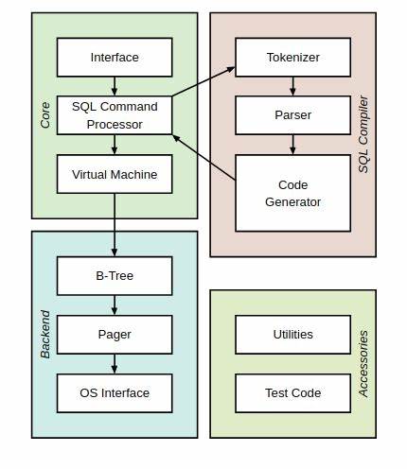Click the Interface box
[115, 58]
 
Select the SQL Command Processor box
[115, 115]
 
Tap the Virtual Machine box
[115, 174]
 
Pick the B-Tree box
[115, 275]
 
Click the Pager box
[115, 334]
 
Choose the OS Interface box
[115, 392]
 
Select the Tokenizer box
[292, 58]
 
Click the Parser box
[292, 115]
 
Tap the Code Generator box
[292, 193]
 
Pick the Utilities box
[292, 334]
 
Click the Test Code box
[292, 392]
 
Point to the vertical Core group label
[45, 115]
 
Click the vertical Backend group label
[45, 334]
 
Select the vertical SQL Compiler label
[363, 133]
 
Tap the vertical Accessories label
[363, 363]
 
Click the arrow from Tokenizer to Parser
[292, 86]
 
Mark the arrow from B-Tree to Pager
[115, 304]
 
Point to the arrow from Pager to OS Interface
[115, 363]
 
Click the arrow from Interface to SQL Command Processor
[115, 86]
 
